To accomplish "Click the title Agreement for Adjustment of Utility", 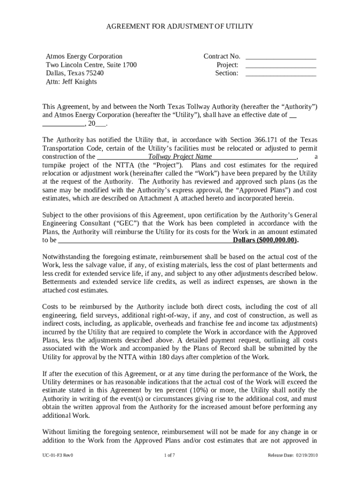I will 180,26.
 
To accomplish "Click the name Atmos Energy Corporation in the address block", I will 84,56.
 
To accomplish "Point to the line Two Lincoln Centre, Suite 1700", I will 91,65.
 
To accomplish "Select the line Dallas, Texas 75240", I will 75,73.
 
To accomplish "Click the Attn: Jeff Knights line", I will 71,82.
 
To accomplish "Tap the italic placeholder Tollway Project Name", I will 180,157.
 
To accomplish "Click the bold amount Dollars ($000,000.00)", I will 265,240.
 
